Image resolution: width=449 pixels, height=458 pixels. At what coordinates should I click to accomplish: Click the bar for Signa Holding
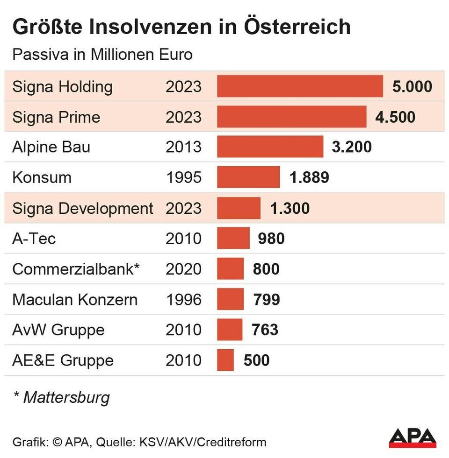click(300, 86)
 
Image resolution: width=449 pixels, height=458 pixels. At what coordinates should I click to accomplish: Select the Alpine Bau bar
click(270, 147)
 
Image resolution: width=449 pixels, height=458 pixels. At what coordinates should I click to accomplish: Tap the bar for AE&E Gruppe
click(225, 360)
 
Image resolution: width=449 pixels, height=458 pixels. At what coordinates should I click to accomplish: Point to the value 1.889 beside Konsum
click(309, 177)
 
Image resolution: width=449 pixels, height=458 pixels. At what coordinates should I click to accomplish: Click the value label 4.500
click(395, 117)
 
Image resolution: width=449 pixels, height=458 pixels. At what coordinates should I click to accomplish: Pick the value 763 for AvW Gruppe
click(265, 330)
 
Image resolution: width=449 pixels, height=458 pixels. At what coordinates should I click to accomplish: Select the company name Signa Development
click(83, 208)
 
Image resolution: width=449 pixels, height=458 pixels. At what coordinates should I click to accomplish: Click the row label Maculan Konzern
click(75, 299)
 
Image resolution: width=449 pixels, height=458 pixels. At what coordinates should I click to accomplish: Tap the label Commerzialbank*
click(76, 269)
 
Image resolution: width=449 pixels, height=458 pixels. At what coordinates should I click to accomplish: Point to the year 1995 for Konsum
click(183, 177)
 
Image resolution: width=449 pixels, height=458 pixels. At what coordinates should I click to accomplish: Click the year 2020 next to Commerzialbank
click(183, 269)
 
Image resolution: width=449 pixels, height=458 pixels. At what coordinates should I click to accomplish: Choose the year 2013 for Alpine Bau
click(183, 147)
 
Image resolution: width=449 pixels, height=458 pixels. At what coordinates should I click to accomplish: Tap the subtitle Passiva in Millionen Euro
click(102, 54)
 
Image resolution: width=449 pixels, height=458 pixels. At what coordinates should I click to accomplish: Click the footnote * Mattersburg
click(61, 397)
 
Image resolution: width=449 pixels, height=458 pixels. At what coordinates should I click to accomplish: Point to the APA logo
click(413, 437)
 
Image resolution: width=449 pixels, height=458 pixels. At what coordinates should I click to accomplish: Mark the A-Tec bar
click(233, 239)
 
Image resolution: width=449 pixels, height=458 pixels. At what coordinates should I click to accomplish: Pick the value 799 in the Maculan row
click(267, 299)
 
